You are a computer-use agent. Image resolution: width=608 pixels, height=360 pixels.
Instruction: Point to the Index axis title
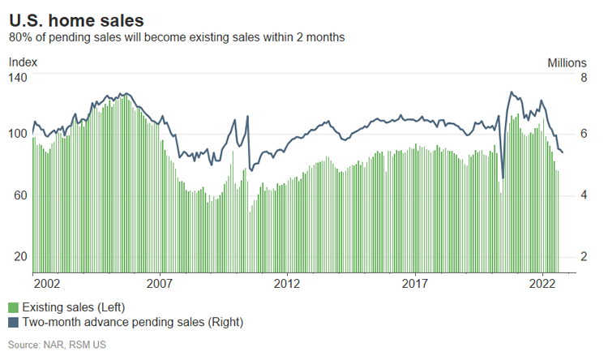click(23, 62)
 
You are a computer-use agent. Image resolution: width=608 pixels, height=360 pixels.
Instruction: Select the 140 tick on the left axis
click(18, 77)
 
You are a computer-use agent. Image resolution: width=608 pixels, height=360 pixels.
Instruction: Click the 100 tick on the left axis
click(18, 133)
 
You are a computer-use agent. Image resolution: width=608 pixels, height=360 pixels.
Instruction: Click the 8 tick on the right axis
click(581, 77)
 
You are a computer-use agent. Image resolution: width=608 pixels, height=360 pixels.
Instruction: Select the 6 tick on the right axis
click(581, 133)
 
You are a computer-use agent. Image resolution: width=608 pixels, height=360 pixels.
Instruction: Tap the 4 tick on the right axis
click(581, 195)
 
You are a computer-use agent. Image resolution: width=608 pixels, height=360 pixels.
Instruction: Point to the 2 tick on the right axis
click(581, 256)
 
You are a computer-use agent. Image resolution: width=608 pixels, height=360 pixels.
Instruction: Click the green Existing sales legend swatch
click(13, 308)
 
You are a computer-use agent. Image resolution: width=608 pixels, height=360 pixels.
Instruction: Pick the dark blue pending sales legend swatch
click(13, 323)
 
